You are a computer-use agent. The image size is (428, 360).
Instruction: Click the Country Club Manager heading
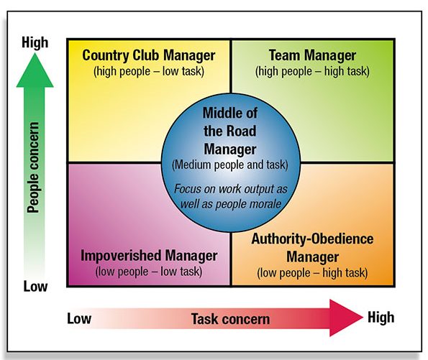pyautogui.click(x=149, y=55)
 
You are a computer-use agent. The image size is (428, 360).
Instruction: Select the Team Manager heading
pyautogui.click(x=312, y=55)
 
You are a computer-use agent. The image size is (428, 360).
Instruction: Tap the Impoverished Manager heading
pyautogui.click(x=149, y=256)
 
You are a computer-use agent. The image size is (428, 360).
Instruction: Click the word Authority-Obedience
pyautogui.click(x=312, y=239)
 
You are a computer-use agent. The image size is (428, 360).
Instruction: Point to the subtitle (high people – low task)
pyautogui.click(x=149, y=71)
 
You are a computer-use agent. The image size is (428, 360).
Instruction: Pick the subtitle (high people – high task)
pyautogui.click(x=312, y=71)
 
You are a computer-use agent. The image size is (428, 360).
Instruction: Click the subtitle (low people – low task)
pyautogui.click(x=149, y=272)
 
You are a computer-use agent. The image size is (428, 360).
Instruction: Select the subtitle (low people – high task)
pyautogui.click(x=312, y=273)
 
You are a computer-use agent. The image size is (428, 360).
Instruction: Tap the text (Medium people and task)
pyautogui.click(x=230, y=165)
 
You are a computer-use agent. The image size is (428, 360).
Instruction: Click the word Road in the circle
pyautogui.click(x=241, y=131)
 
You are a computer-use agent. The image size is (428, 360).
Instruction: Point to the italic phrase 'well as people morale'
pyautogui.click(x=231, y=204)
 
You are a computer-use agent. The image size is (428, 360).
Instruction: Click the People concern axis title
pyautogui.click(x=34, y=167)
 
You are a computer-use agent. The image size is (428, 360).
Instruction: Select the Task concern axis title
pyautogui.click(x=230, y=319)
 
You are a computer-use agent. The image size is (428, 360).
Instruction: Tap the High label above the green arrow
pyautogui.click(x=35, y=43)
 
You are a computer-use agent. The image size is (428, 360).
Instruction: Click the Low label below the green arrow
pyautogui.click(x=35, y=287)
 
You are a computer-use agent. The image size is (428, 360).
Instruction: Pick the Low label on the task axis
pyautogui.click(x=79, y=318)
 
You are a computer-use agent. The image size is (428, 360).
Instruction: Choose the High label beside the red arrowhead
pyautogui.click(x=381, y=318)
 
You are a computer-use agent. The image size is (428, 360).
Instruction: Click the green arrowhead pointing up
pyautogui.click(x=35, y=70)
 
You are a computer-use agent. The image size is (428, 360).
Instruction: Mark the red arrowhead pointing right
pyautogui.click(x=346, y=318)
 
